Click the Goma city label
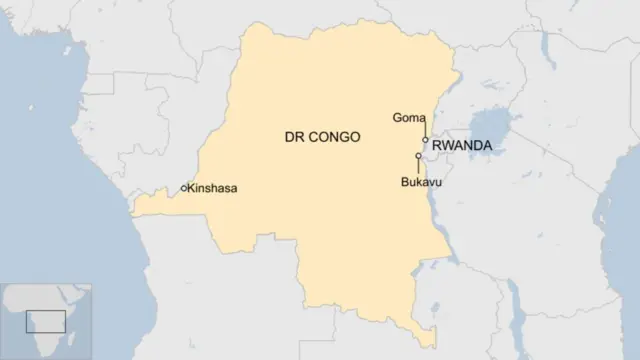tap(409, 118)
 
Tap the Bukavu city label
tap(420, 183)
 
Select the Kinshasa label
tap(213, 188)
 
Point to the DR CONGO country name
tap(321, 136)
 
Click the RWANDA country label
tap(462, 146)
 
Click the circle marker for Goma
tap(425, 140)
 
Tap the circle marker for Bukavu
tap(418, 156)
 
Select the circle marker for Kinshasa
tap(183, 188)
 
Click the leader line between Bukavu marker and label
tap(418, 167)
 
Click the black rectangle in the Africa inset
tap(46, 321)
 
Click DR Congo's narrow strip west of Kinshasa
tap(150, 205)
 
